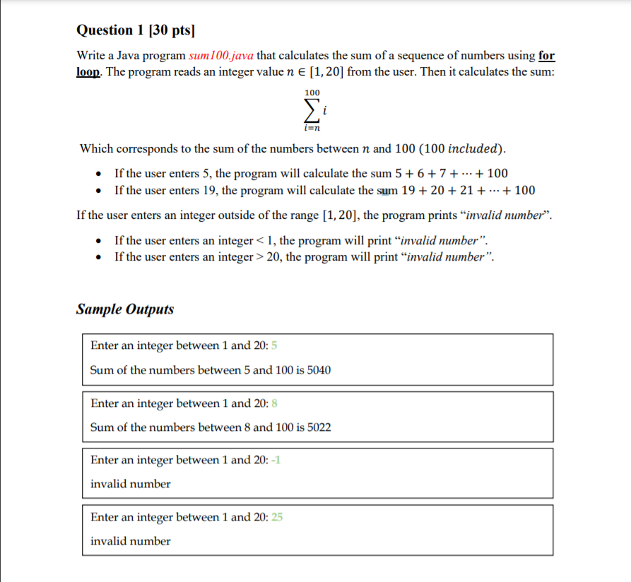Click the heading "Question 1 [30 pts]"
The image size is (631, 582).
[x=135, y=30]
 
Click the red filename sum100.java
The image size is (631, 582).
[x=222, y=56]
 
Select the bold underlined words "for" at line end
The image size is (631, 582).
[x=546, y=56]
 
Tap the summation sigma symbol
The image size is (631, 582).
[x=310, y=109]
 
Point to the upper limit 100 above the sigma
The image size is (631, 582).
[x=312, y=93]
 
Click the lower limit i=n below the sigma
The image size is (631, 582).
[x=312, y=127]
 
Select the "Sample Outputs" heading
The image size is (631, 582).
[x=124, y=309]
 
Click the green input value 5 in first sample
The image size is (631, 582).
[x=274, y=345]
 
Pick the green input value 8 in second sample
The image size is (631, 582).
[x=274, y=403]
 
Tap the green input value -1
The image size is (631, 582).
[x=276, y=461]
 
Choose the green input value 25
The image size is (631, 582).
[x=277, y=518]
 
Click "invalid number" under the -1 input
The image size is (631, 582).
[x=130, y=484]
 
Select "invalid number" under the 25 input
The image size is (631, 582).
[x=130, y=541]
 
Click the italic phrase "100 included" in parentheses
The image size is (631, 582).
[x=464, y=148]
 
